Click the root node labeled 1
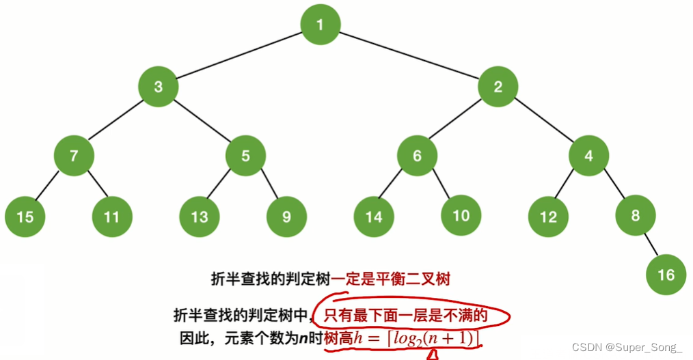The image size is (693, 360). pos(320,25)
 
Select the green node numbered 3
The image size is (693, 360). pos(159,87)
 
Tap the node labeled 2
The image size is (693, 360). pos(498,87)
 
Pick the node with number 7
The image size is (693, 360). pos(73,155)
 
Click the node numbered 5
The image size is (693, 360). pos(245,155)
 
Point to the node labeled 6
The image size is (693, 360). pos(417,155)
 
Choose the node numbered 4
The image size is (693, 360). pos(589,155)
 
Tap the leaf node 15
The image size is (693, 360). pos(25,217)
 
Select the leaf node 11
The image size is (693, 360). pos(111,217)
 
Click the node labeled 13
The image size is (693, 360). pos(199,217)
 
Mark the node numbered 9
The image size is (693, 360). pos(286,217)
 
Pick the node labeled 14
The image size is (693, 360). pos(374,217)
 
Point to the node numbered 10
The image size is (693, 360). pos(461,216)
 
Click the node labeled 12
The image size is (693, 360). pos(548,217)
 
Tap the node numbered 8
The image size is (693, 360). pos(635,216)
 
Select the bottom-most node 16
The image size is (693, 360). pos(666,275)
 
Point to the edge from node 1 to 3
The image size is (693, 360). pos(239,56)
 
